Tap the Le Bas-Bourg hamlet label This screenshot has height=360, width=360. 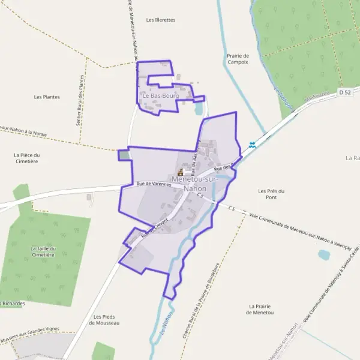pos(157,95)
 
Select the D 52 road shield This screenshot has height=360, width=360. pos(344,92)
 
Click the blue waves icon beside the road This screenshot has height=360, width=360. pos(253,145)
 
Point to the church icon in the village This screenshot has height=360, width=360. pos(180,172)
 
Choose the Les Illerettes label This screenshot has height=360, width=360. pos(161,20)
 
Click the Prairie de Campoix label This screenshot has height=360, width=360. pos(238,59)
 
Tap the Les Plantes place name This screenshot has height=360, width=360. pos(47,97)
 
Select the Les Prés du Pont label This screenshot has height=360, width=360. pos(271,194)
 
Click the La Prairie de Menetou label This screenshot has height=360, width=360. pos(260,309)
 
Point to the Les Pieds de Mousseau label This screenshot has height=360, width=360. pos(104,319)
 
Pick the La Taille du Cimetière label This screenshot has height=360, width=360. pos(43,251)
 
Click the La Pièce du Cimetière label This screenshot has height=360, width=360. pos(26,158)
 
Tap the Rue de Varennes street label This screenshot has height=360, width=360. pos(154,184)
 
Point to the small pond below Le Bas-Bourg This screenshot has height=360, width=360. pos(199,109)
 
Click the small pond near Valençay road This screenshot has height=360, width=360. pos(324,254)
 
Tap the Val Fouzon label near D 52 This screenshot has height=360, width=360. pos(314,97)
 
